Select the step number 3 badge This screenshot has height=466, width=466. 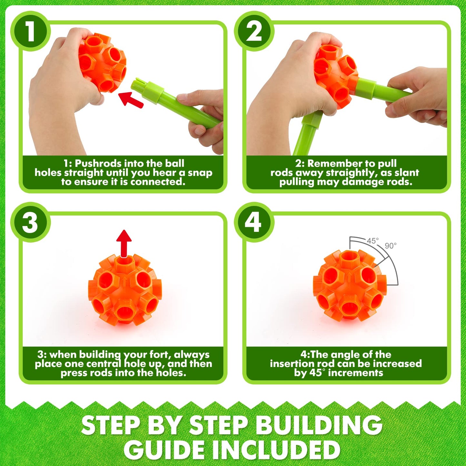(30, 222)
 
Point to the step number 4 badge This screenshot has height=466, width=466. (254, 222)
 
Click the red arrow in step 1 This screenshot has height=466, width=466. (131, 99)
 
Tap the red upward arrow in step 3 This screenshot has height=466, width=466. (124, 243)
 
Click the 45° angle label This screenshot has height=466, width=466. (373, 241)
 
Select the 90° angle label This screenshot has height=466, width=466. (391, 246)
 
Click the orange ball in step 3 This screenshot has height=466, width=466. (124, 290)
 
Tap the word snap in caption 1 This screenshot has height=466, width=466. (200, 173)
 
